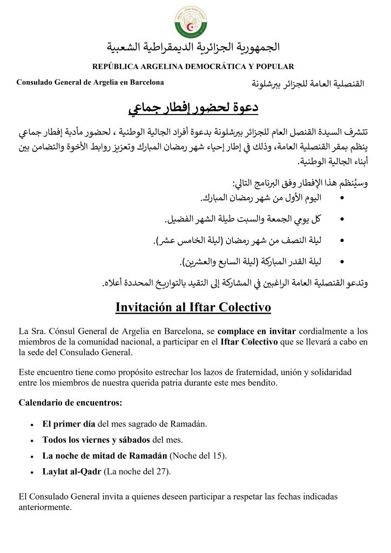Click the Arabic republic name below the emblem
click(x=193, y=47)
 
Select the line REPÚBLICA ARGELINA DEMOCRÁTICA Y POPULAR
click(x=193, y=66)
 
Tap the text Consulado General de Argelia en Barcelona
click(x=90, y=82)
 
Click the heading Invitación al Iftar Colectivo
click(x=193, y=307)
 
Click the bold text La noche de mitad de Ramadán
click(x=105, y=455)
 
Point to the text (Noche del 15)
click(x=198, y=455)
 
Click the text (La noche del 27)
click(x=137, y=471)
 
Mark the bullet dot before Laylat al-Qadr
click(x=33, y=472)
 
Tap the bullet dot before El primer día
click(x=33, y=423)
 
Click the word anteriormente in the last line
click(x=45, y=507)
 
